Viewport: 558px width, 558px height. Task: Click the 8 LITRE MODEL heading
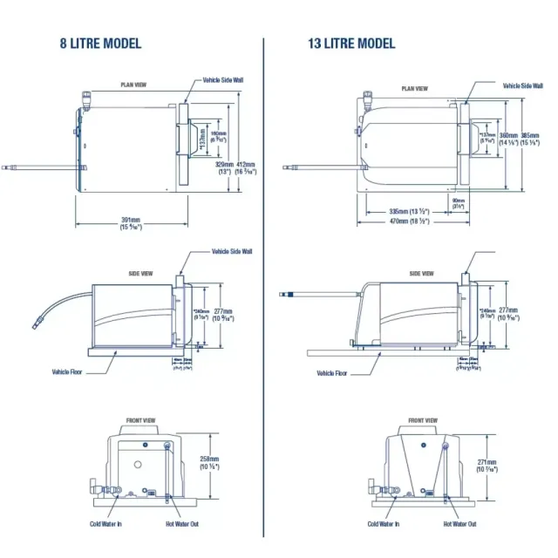(99, 44)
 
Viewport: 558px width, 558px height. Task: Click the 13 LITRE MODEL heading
(351, 44)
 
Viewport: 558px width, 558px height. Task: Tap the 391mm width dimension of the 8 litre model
(131, 219)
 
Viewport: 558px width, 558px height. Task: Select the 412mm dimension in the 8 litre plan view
(247, 164)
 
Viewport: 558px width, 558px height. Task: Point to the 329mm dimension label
(223, 164)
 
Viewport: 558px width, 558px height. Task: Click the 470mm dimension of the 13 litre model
(409, 221)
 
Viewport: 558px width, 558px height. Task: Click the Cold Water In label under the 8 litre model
(107, 524)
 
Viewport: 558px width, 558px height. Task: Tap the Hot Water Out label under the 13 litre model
(459, 524)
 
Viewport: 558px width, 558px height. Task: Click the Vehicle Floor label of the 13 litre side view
(331, 373)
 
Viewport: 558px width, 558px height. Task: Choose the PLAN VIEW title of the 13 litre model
(414, 88)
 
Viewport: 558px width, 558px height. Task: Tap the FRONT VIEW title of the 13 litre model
(423, 420)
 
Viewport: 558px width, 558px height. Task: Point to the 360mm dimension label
(507, 135)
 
